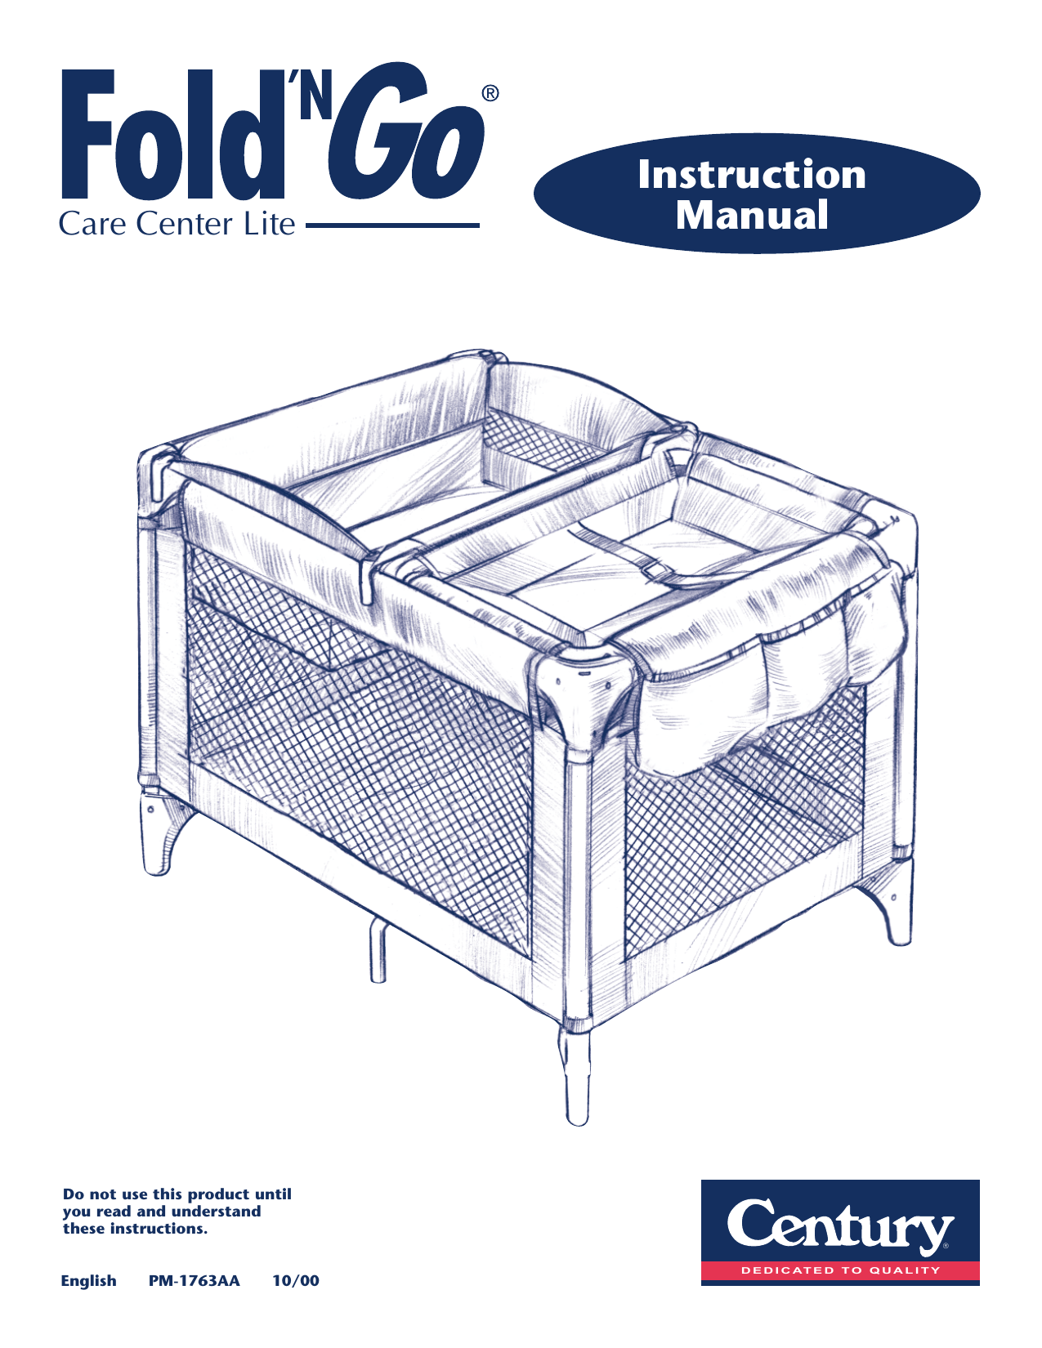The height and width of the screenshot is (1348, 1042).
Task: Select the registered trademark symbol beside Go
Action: coord(489,93)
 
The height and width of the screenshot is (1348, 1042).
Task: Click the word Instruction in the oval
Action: coord(752,174)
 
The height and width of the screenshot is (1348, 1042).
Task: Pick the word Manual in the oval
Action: coord(752,215)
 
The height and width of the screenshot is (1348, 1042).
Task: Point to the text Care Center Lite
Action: coord(177,224)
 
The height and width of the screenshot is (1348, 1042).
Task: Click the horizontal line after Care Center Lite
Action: coord(392,225)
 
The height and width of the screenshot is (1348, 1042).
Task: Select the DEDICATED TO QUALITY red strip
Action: coord(840,1270)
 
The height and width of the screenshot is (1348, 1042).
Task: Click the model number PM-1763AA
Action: coord(195,1281)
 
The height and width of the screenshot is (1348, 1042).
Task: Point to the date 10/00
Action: coord(296,1281)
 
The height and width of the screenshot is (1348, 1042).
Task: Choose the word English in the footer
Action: coord(89,1281)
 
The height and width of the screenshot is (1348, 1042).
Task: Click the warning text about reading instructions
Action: coord(177,1211)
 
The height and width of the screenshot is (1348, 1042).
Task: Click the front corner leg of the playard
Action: coord(577,1078)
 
